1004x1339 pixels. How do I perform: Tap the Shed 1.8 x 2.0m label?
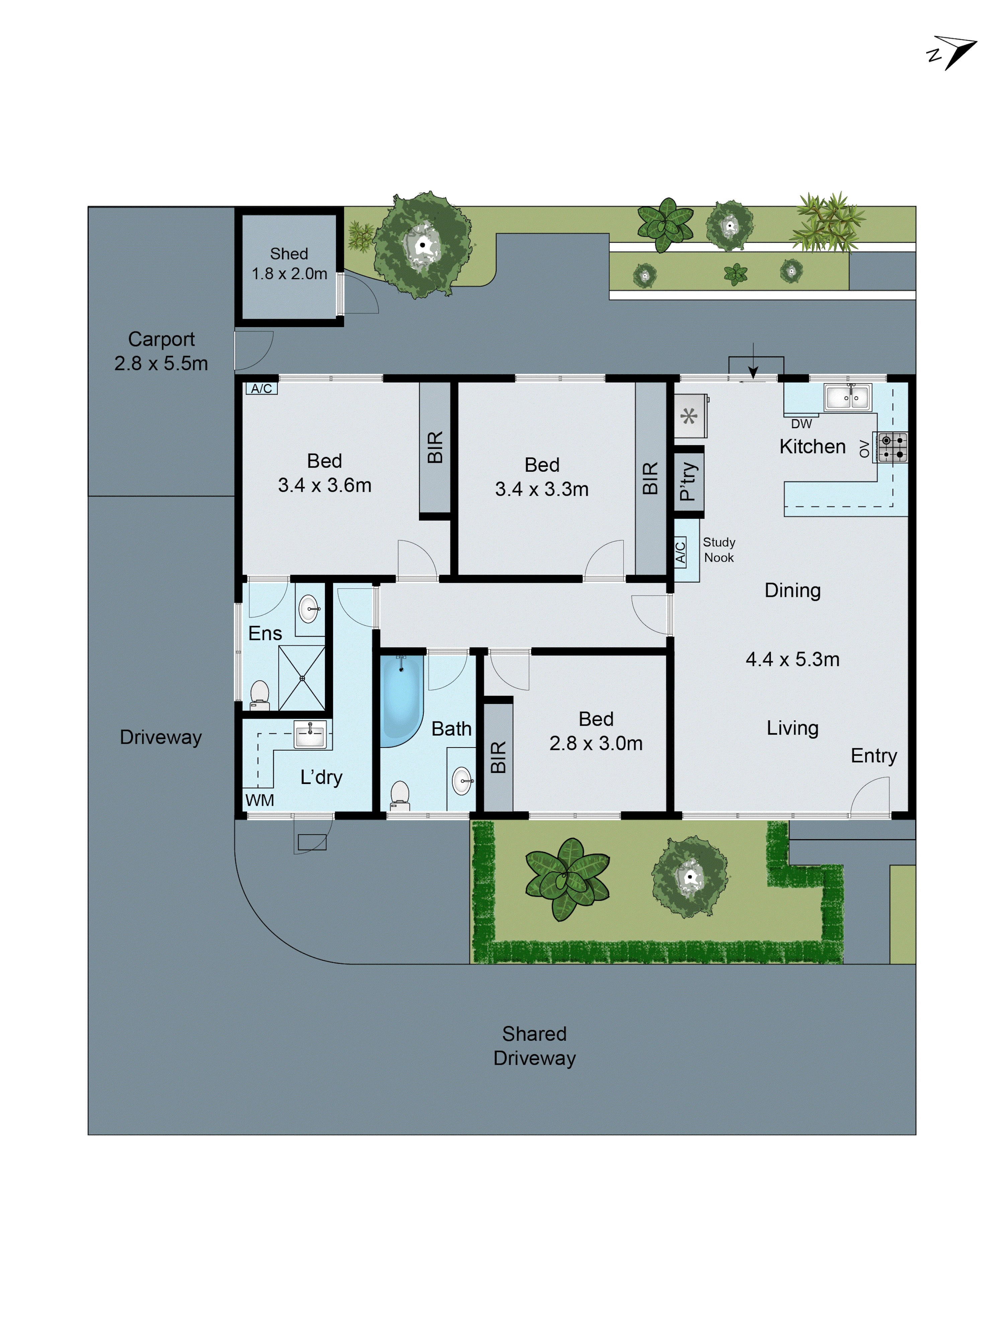coord(289,263)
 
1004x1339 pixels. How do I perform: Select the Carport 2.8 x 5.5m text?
coord(161,351)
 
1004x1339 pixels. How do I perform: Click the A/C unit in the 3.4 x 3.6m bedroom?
coord(261,389)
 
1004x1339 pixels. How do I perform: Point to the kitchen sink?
coord(847,398)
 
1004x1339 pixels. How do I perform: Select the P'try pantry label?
coord(688,481)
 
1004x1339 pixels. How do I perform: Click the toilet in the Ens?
coord(260,694)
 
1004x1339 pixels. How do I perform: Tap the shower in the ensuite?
coord(302,678)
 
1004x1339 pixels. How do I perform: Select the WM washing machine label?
coord(260,800)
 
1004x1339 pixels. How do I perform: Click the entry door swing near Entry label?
coord(871,796)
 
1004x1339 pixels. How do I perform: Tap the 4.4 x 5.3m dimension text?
coord(792,659)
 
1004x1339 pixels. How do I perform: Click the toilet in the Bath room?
coord(399,795)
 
